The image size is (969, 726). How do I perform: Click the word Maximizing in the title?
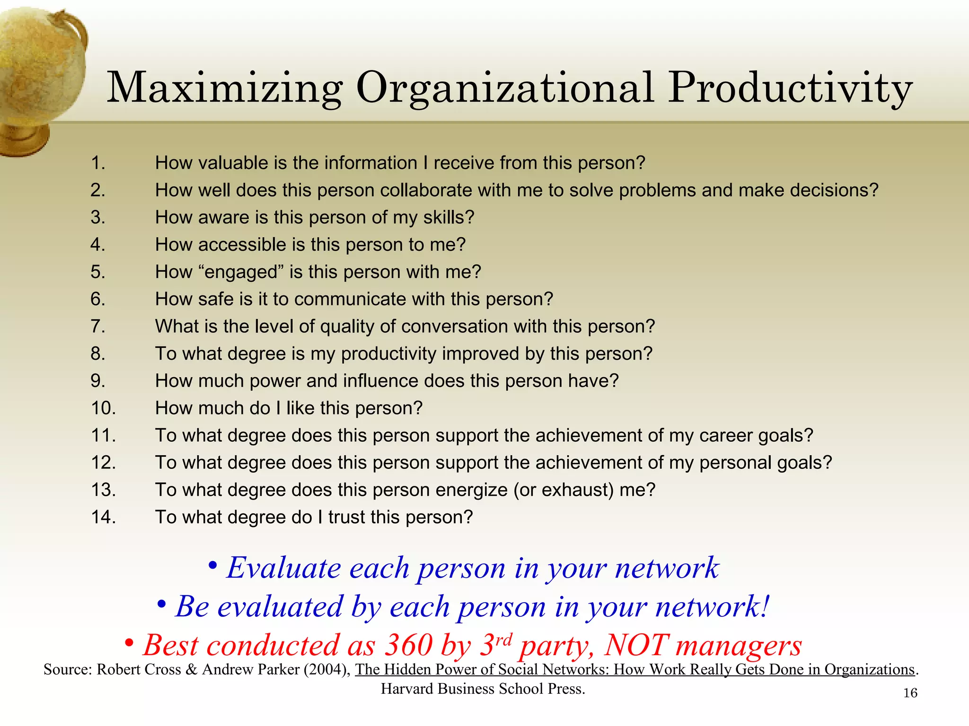[x=225, y=88]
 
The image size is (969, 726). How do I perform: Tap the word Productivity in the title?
[x=790, y=88]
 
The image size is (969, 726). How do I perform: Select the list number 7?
[x=98, y=327]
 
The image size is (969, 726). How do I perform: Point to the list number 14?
[x=104, y=517]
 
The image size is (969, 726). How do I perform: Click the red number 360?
[x=408, y=645]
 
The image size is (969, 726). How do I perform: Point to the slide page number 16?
[x=910, y=693]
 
